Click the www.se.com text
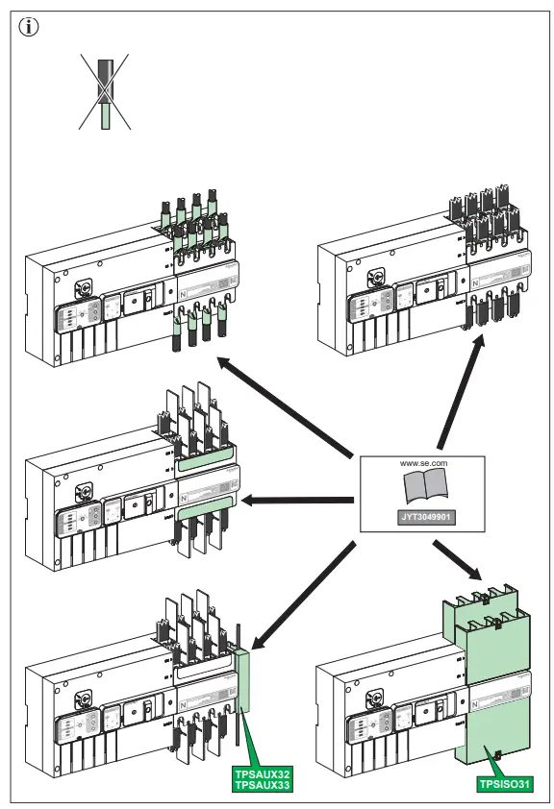[x=424, y=462]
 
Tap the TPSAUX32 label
[x=262, y=772]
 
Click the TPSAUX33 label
[x=262, y=784]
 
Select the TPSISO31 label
[x=504, y=784]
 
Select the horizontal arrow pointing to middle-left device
[x=298, y=499]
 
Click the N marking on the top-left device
[x=184, y=292]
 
